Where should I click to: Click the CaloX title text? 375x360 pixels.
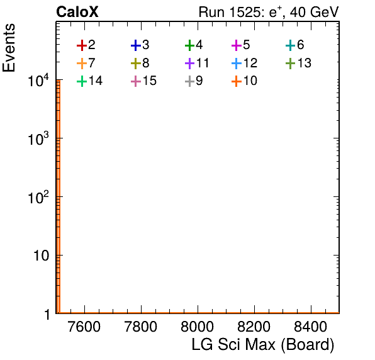click(77, 12)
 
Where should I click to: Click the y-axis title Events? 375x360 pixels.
click(9, 48)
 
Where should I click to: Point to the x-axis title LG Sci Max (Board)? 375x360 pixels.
click(263, 345)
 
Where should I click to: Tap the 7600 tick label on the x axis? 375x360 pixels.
click(84, 327)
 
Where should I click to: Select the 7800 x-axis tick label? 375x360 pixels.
click(141, 327)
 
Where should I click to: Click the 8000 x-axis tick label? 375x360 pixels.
click(198, 327)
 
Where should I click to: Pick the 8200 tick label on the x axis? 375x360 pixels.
click(254, 327)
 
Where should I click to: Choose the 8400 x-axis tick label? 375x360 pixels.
click(310, 327)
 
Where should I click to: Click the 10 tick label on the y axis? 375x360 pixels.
click(41, 256)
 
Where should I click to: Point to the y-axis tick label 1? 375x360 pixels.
click(47, 315)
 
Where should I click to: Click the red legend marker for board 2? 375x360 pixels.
click(82, 45)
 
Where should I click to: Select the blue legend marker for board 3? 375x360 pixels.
click(136, 45)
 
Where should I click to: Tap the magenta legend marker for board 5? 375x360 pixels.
click(237, 45)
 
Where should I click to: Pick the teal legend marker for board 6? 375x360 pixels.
click(290, 45)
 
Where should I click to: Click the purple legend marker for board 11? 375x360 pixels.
click(189, 64)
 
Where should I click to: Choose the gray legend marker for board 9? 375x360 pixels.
click(189, 82)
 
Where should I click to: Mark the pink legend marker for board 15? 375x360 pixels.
click(136, 82)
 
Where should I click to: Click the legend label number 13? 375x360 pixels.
click(304, 63)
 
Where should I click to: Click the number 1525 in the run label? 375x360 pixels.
click(245, 12)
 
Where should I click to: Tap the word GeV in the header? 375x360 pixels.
click(324, 12)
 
